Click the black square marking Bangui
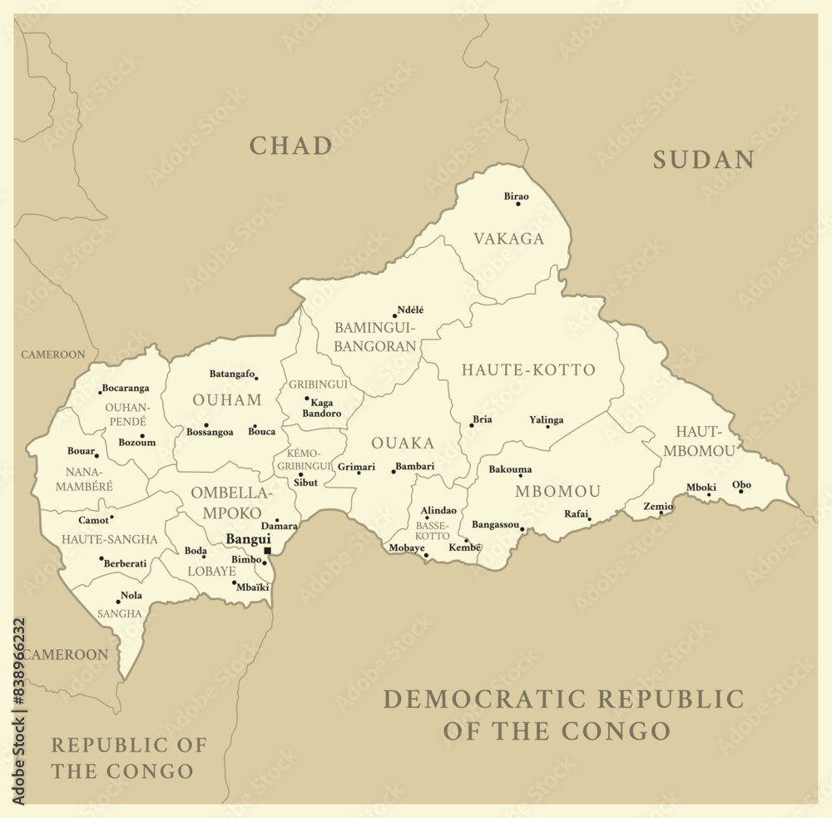pyautogui.click(x=267, y=551)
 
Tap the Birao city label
pyautogui.click(x=516, y=196)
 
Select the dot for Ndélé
pyautogui.click(x=394, y=316)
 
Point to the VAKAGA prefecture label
pyautogui.click(x=508, y=239)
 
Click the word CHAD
pyautogui.click(x=291, y=146)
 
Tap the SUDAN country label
pyautogui.click(x=703, y=160)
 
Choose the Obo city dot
pyautogui.click(x=740, y=491)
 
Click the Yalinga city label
pyautogui.click(x=546, y=420)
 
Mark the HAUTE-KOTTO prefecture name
pyautogui.click(x=528, y=369)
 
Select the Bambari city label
pyautogui.click(x=415, y=467)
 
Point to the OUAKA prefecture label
pyautogui.click(x=403, y=443)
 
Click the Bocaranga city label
pyautogui.click(x=126, y=388)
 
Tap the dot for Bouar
pyautogui.click(x=97, y=456)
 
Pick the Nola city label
pyautogui.click(x=131, y=596)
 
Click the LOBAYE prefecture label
pyautogui.click(x=211, y=572)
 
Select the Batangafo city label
pyautogui.click(x=231, y=374)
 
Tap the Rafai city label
pyautogui.click(x=577, y=513)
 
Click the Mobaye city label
pyautogui.click(x=407, y=548)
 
